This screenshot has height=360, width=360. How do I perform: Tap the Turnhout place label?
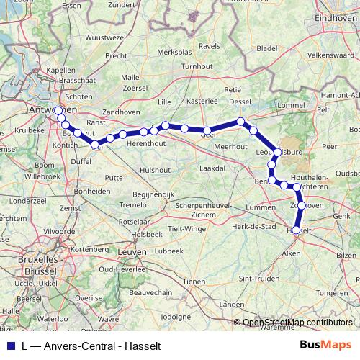tap(197, 66)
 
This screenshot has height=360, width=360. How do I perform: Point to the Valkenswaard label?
tap(328, 54)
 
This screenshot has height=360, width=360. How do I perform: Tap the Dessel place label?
tap(240, 102)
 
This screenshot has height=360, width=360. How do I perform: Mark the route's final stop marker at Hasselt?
tap(296, 229)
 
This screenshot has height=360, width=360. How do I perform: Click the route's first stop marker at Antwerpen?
tap(58, 110)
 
